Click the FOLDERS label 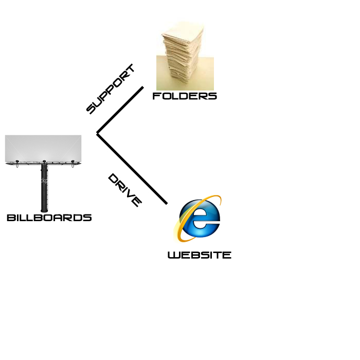(185, 96)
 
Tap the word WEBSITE (200, 255)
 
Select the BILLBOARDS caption (49, 218)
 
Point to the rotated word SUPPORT (110, 88)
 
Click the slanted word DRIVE (124, 190)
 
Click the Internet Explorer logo (200, 219)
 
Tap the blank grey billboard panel (43, 148)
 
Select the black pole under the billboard (44, 188)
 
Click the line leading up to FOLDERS (120, 110)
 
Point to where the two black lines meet (97, 134)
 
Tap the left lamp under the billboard (17, 164)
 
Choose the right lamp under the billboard (73, 164)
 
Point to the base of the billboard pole (44, 210)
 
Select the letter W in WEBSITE (173, 255)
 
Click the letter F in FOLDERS (156, 96)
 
